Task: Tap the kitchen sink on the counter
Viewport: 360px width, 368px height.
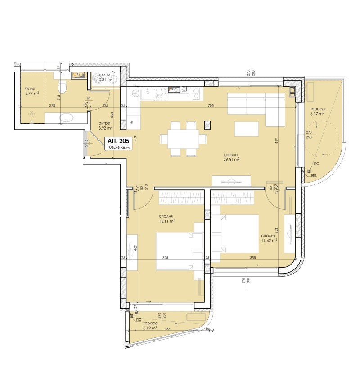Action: coord(148,94)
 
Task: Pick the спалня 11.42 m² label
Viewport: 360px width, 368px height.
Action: coord(269,238)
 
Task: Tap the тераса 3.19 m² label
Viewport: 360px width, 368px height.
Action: coord(149,326)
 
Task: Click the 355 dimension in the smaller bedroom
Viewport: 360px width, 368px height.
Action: coord(253,258)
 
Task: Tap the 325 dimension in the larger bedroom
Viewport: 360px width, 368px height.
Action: coord(166,258)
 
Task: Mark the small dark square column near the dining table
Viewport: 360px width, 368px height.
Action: coord(207,125)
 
